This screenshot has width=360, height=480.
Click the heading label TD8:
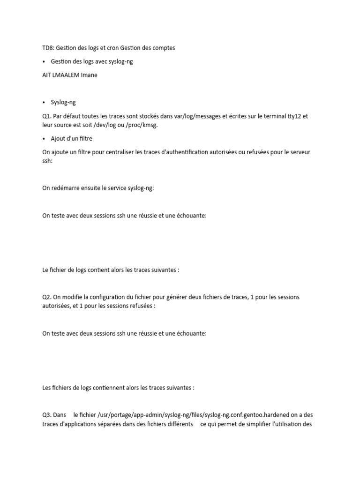point(48,48)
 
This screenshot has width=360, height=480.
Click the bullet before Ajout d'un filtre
point(44,139)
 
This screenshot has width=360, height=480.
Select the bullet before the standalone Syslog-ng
point(44,102)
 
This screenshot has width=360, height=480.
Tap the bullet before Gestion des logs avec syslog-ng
point(44,62)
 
